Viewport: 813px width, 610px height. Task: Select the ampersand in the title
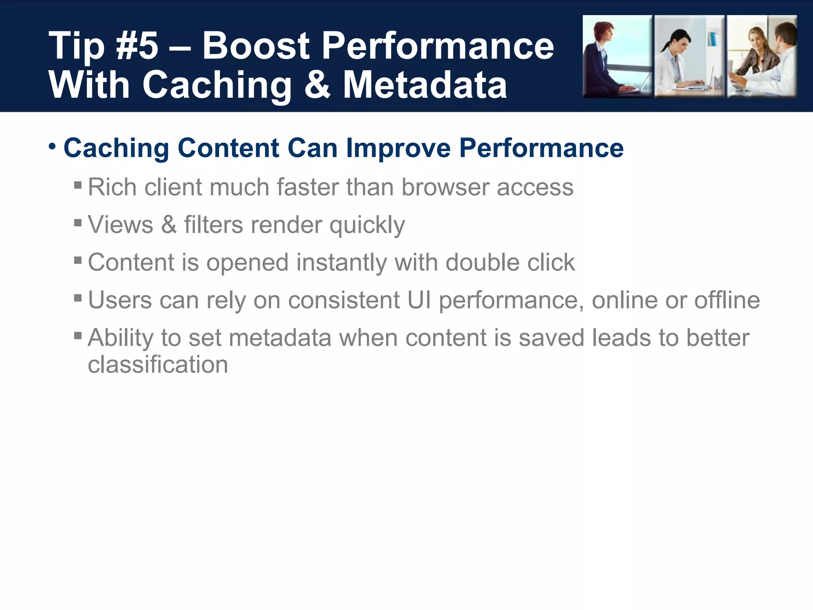317,84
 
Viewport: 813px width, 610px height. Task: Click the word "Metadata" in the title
425,84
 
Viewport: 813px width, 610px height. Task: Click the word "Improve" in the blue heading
398,149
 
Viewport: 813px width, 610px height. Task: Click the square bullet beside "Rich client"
78,185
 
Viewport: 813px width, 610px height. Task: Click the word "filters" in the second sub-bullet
214,225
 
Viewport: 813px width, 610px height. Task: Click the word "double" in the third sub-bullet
482,263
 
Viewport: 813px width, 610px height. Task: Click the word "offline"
727,300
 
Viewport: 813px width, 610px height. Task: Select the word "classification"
158,365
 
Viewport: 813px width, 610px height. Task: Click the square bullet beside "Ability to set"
78,336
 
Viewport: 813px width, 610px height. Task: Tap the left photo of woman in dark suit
617,56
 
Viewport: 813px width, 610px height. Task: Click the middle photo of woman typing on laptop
689,56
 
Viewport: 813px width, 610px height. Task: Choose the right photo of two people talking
762,56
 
